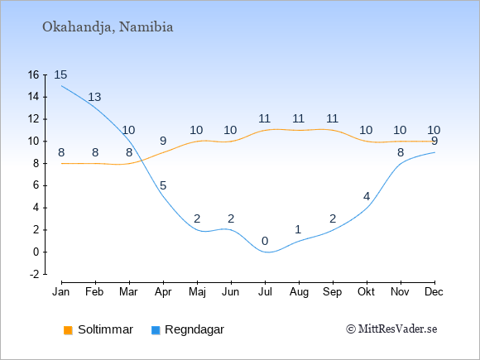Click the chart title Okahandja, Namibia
pos(108,27)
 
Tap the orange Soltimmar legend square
pos(68,330)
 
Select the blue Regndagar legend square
pos(156,330)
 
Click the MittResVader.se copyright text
pos(391,329)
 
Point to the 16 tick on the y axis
pos(33,74)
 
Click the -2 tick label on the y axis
pos(34,274)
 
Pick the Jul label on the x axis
pos(265,292)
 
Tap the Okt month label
pos(366,292)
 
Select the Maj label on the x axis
pos(197,292)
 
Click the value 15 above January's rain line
pos(60,74)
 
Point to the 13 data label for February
pos(94,97)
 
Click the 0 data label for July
pos(265,241)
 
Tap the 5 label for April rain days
pos(163,185)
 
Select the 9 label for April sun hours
pos(163,142)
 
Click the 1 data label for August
pos(298,229)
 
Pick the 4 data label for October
pos(367,196)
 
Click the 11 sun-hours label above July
pos(264,119)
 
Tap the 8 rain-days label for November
pos(401,152)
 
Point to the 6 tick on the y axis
pos(36,185)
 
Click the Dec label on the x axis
pos(434,292)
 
